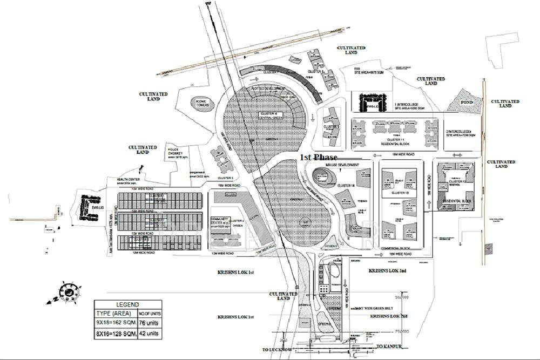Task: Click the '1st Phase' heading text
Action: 319,157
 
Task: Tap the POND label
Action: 466,102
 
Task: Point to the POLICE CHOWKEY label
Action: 177,152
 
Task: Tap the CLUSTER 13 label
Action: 400,192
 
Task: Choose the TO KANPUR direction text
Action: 390,345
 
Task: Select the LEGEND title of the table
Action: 127,304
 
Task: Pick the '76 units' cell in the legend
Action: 147,323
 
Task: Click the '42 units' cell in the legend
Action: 147,334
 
